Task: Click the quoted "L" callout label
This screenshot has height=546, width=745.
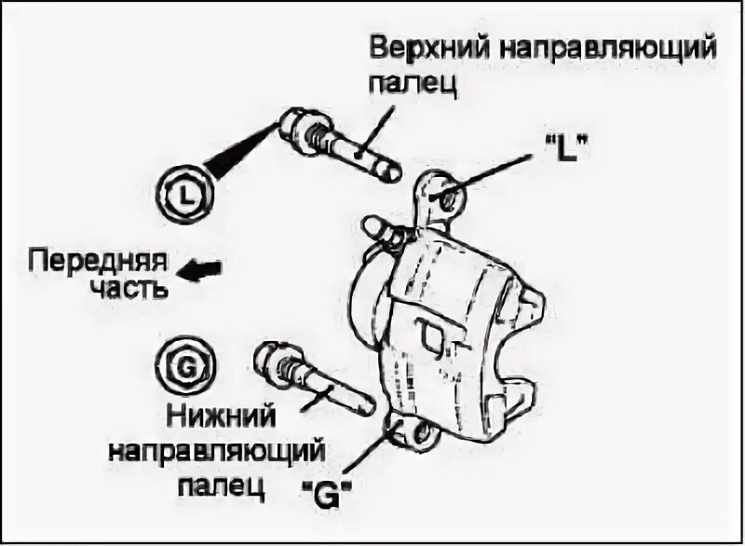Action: pyautogui.click(x=567, y=148)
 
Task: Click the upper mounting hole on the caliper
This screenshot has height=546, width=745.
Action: pyautogui.click(x=444, y=196)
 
